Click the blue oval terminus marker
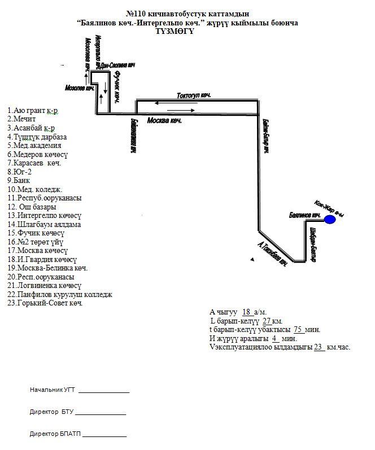[330, 220]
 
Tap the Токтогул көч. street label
[194, 95]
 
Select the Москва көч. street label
[164, 121]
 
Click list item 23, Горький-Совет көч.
[45, 303]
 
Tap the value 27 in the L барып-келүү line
[268, 321]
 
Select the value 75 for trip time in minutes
[299, 329]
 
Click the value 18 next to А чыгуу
[246, 312]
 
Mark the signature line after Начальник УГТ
[104, 391]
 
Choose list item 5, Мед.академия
[34, 145]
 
